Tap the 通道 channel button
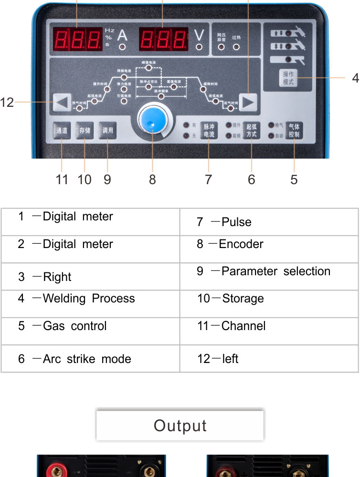coord(62,130)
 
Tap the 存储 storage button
coord(85,130)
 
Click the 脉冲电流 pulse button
coord(209,131)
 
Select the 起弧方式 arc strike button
coord(251,130)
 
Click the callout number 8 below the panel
coord(152,179)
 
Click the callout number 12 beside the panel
coord(7,102)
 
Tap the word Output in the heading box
coord(180,425)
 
